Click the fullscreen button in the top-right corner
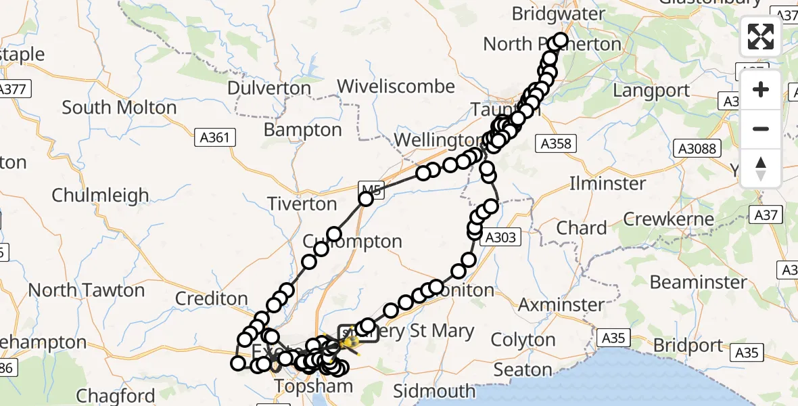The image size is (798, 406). tap(761, 37)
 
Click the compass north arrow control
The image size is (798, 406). tap(761, 168)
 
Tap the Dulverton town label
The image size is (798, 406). tap(268, 88)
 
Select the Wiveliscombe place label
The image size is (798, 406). tap(396, 87)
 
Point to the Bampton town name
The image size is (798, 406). tap(303, 129)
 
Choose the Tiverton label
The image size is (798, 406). tap(302, 204)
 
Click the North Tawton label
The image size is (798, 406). tap(87, 290)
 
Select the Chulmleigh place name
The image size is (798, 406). tap(100, 196)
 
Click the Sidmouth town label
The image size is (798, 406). tap(434, 391)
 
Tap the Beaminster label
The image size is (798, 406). tap(699, 281)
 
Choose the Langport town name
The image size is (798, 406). tap(651, 91)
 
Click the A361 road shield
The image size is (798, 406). tap(216, 138)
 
